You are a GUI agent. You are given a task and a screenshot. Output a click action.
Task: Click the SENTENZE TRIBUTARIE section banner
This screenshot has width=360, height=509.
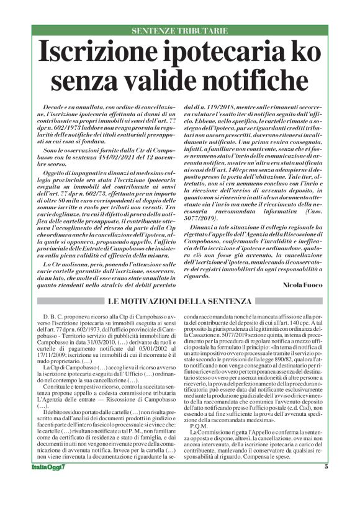[179, 30]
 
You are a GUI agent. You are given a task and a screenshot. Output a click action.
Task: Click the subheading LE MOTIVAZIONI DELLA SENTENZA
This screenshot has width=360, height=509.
[179, 302]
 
